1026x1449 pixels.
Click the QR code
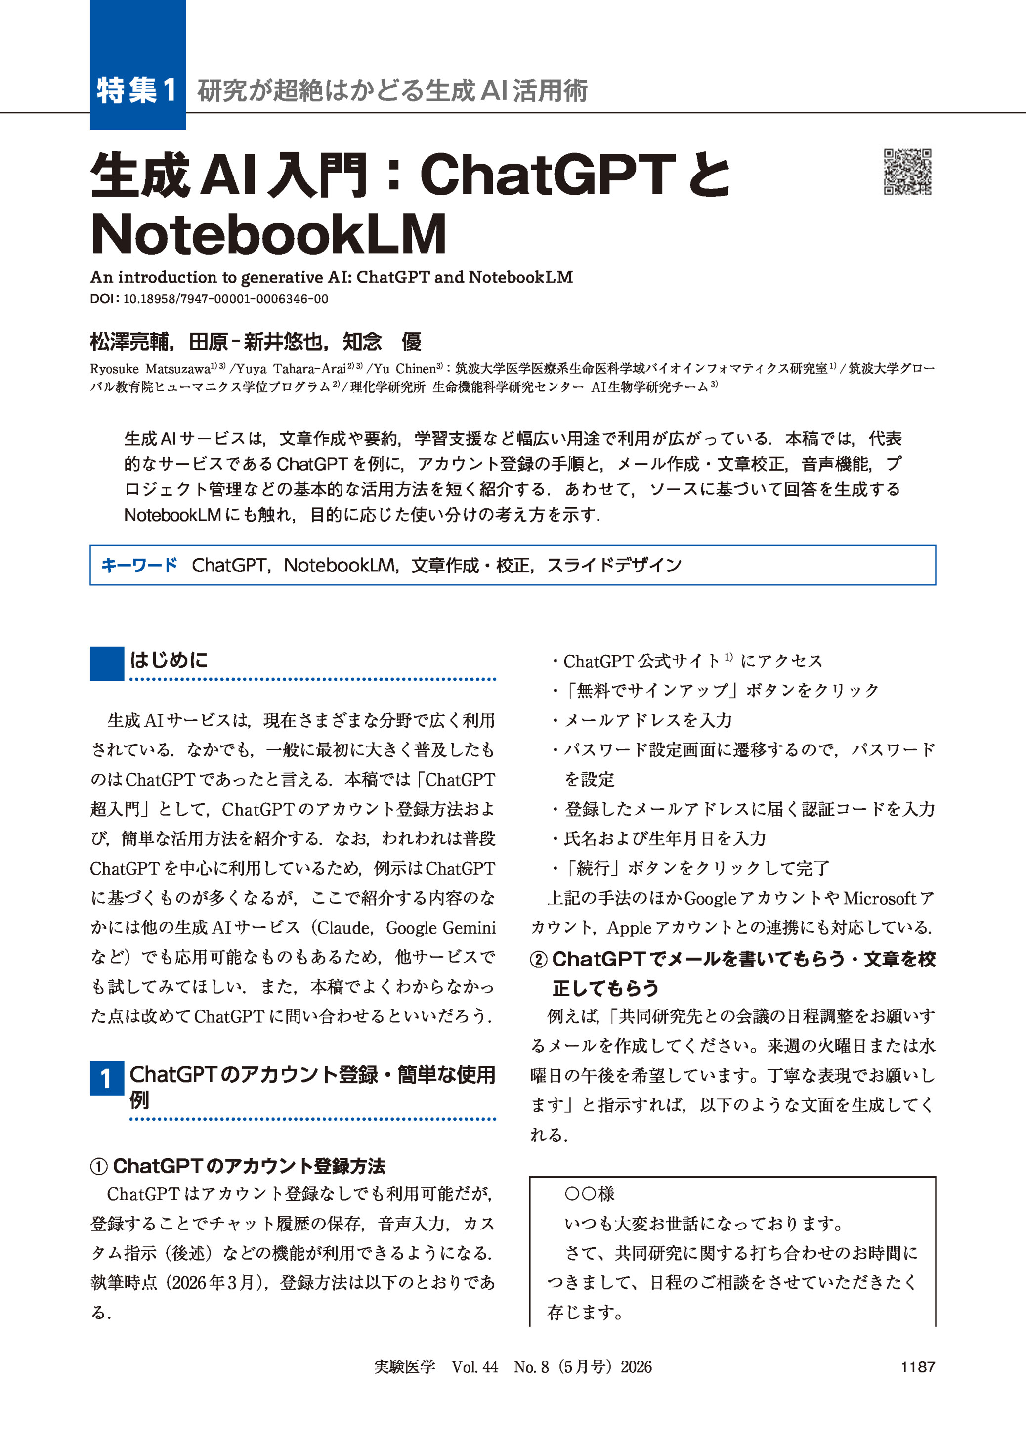tap(907, 172)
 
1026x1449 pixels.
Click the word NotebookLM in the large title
tap(268, 234)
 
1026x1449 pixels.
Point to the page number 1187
tap(917, 1367)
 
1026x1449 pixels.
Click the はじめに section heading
tap(169, 660)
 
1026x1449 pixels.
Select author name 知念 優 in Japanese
tap(382, 342)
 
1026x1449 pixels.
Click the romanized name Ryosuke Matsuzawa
tap(150, 369)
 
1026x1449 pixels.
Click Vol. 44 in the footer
tap(474, 1367)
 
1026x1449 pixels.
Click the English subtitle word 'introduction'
tap(168, 277)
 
